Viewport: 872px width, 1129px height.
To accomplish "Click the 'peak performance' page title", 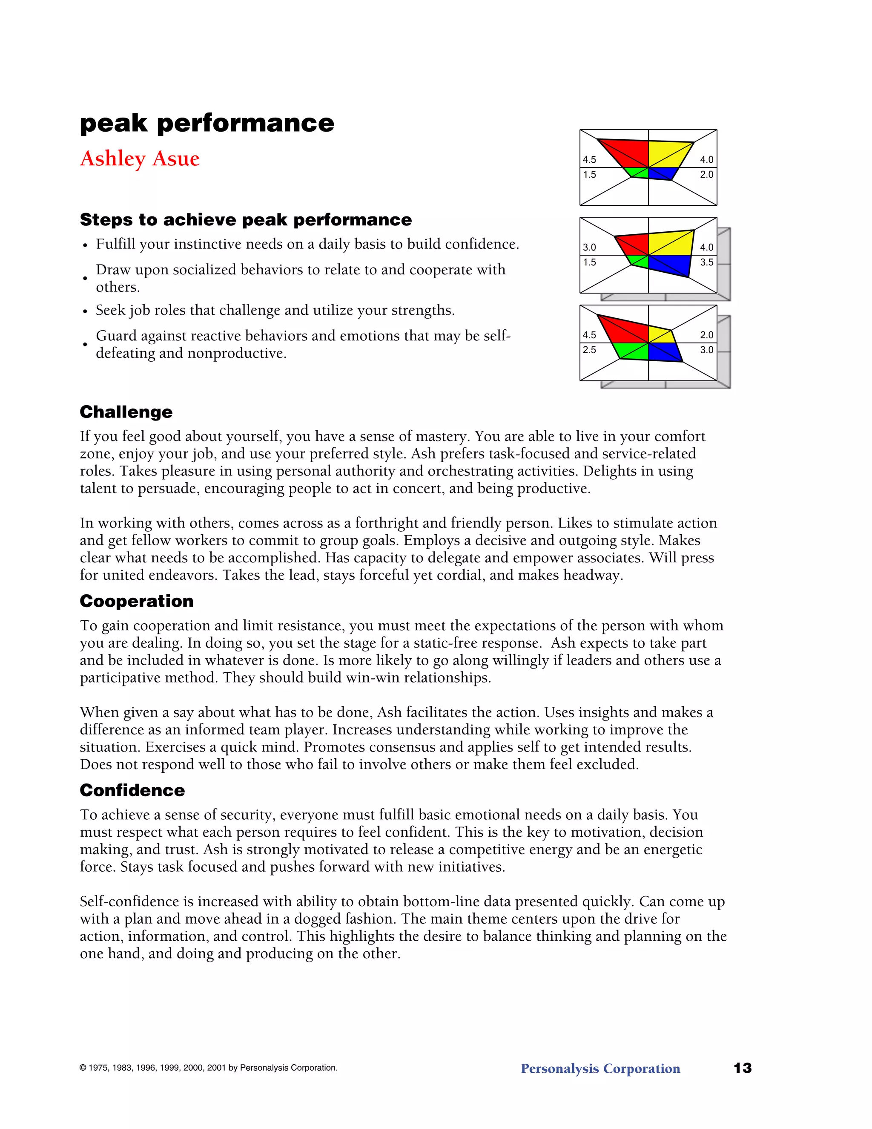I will (x=207, y=123).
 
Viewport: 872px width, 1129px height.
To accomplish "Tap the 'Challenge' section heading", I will (x=126, y=412).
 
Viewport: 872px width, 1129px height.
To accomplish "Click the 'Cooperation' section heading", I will (x=136, y=601).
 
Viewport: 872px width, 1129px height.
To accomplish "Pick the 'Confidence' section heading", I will (x=132, y=790).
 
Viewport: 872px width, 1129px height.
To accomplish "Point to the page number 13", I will (x=742, y=1068).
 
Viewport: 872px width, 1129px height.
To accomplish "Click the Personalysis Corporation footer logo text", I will (x=600, y=1069).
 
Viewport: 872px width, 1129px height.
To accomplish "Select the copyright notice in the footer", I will (x=208, y=1068).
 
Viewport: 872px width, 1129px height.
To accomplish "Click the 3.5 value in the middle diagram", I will (x=706, y=262).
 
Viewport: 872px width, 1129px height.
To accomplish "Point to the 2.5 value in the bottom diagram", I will (x=589, y=350).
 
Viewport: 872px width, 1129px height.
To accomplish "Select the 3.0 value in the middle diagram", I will (x=589, y=248).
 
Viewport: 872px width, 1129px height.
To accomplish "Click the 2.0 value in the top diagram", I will (x=706, y=175).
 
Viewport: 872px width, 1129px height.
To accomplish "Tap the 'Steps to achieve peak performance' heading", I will (x=246, y=220).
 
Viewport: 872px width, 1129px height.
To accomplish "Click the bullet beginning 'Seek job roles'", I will (x=275, y=310).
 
